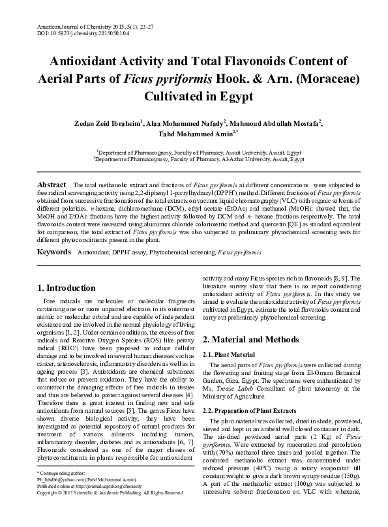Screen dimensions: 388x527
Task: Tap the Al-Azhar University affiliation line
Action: point(198,158)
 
